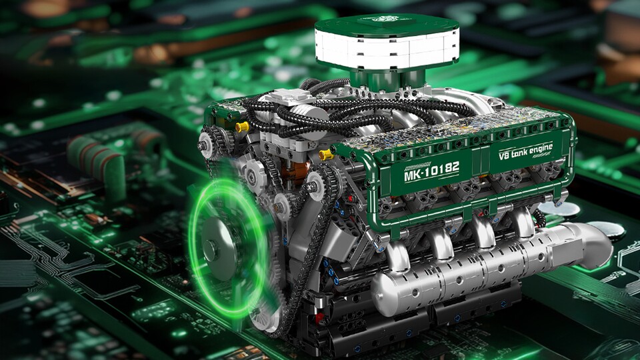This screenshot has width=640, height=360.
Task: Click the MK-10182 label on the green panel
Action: (431, 171)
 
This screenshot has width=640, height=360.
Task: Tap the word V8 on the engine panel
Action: (504, 155)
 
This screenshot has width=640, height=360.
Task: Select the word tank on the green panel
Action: (520, 153)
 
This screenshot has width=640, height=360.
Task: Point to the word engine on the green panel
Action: (541, 149)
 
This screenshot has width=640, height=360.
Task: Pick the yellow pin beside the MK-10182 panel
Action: (326, 154)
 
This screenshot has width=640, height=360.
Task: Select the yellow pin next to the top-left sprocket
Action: (242, 127)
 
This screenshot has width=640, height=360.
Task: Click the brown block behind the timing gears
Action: (295, 171)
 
